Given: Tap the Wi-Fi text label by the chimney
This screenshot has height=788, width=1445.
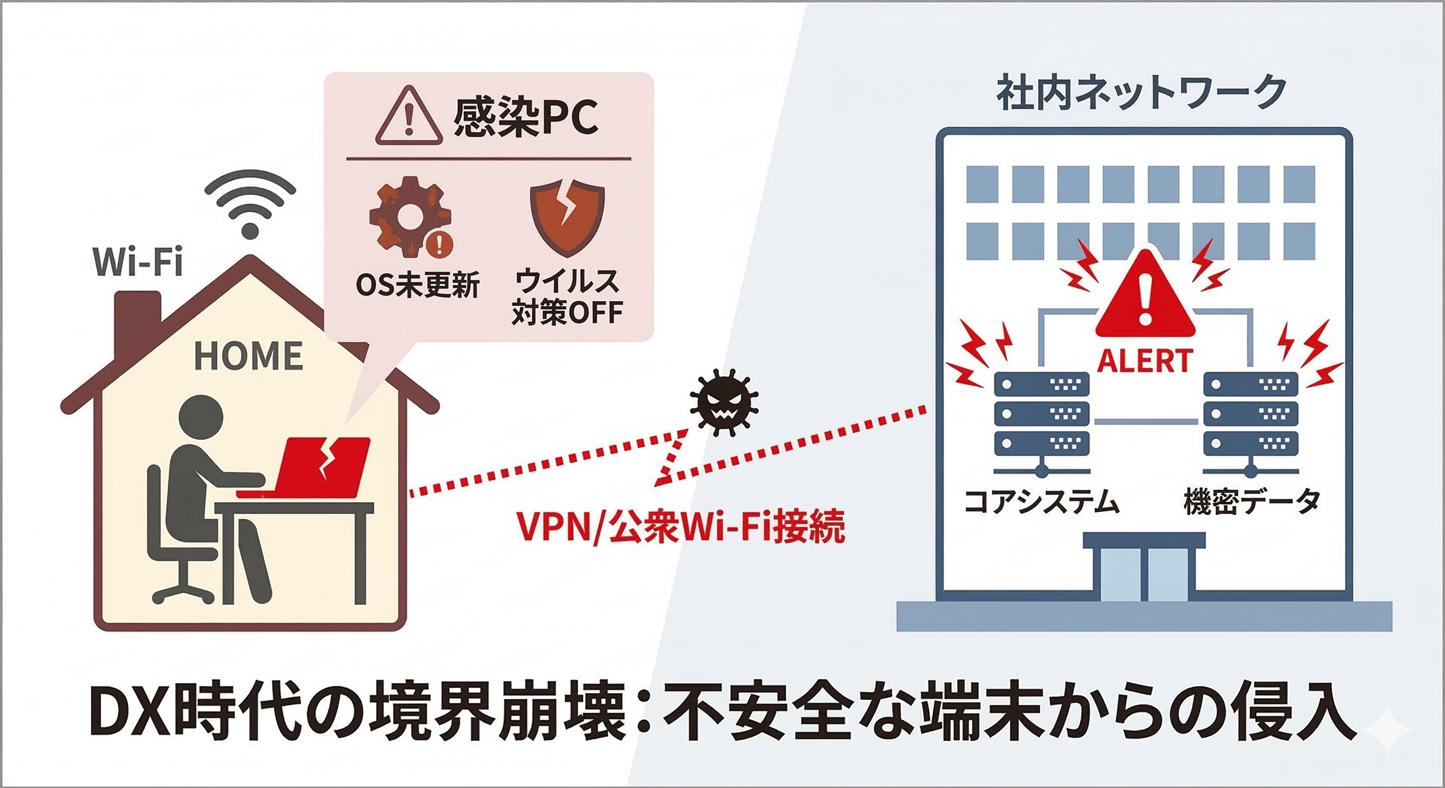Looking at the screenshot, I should tap(139, 262).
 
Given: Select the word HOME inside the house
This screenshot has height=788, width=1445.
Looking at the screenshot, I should tap(248, 356).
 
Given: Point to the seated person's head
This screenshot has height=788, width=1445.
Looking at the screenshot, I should tap(200, 417).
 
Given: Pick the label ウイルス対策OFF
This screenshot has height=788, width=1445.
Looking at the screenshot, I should tap(567, 297).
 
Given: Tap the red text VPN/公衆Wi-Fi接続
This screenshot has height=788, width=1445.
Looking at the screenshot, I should tap(680, 527).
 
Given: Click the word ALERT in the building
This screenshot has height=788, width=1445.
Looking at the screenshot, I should tap(1144, 361).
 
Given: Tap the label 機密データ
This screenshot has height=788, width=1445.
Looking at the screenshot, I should tap(1252, 501).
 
